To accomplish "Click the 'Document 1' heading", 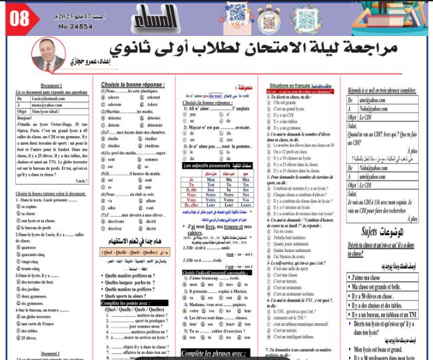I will point(51,86).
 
